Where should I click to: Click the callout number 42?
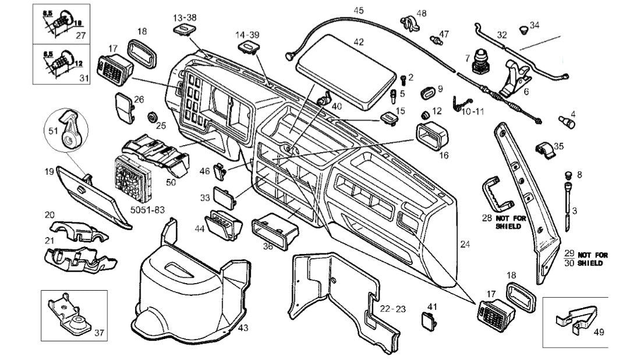pyautogui.click(x=358, y=42)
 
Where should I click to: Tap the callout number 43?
pyautogui.click(x=243, y=328)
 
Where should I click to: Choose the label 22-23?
pyautogui.click(x=393, y=308)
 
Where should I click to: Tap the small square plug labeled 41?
pyautogui.click(x=429, y=320)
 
